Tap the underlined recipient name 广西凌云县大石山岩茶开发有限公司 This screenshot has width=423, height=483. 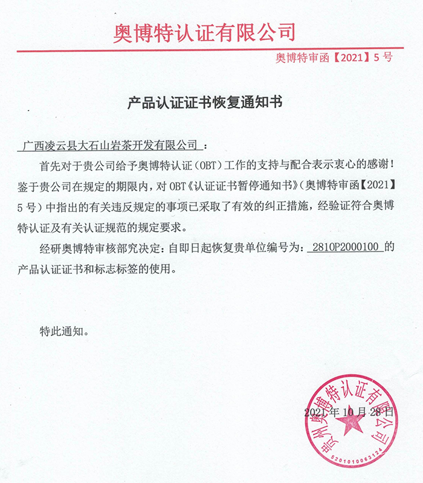tap(109, 146)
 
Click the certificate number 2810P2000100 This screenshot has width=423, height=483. tap(344, 247)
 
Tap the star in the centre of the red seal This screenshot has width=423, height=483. tap(351, 427)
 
